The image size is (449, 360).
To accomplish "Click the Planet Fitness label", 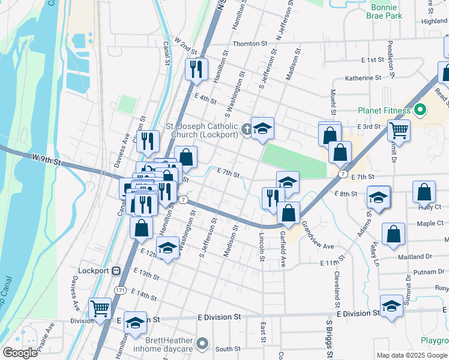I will coord(384,110).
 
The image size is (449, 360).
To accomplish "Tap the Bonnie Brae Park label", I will coord(385,11).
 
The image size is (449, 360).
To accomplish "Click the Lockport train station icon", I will coord(117,271).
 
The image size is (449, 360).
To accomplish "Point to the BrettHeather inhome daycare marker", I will coord(203,344).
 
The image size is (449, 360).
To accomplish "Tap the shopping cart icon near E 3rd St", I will coord(399,129).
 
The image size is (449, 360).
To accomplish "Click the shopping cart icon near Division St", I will coord(100,308).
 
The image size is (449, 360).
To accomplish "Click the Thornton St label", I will coord(250,44).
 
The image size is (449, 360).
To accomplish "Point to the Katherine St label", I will coord(363,78).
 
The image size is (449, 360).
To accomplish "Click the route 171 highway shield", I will coord(120,290).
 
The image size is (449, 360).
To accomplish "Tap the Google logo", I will coord(20,353).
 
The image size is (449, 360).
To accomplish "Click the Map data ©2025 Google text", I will coord(412,355).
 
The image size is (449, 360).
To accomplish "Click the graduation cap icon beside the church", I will coord(262,129).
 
